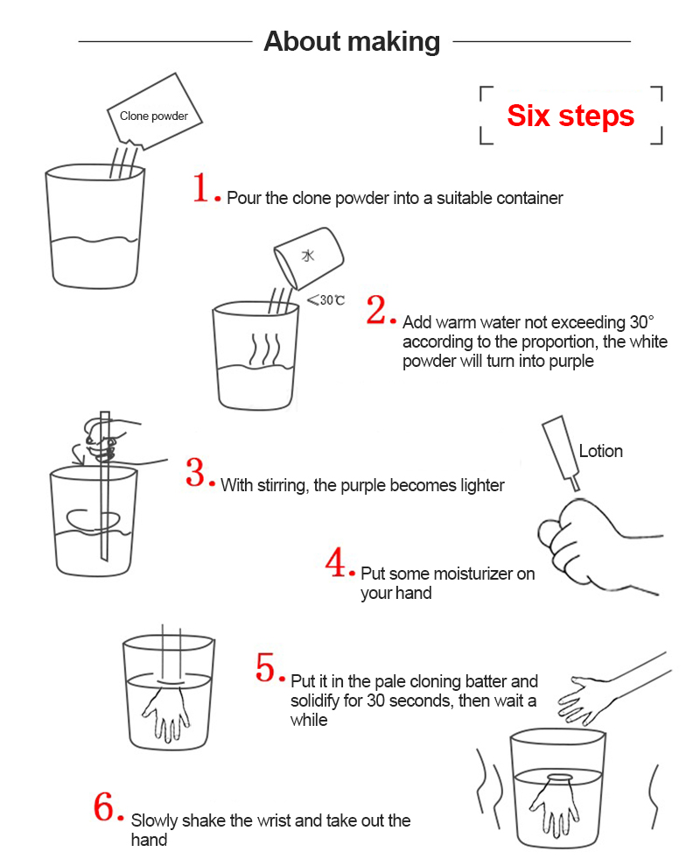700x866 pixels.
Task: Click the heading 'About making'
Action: pyautogui.click(x=352, y=41)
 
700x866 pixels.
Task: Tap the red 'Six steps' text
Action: pyautogui.click(x=570, y=116)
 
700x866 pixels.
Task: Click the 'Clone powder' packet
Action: pyautogui.click(x=156, y=114)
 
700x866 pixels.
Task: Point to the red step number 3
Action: pyautogui.click(x=196, y=473)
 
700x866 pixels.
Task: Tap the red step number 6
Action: pyautogui.click(x=106, y=807)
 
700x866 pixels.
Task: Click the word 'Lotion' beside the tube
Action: pyautogui.click(x=600, y=451)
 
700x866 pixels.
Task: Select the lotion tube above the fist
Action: pyautogui.click(x=561, y=450)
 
